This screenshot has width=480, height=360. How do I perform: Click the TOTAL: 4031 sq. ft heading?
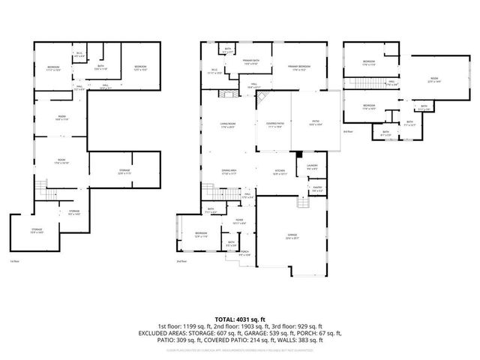pos(239,319)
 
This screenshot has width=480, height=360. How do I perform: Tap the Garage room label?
pos(292,236)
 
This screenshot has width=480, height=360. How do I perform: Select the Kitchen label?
pos(280,172)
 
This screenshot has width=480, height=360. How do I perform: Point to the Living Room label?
pos(227,125)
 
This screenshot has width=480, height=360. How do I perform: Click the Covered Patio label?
pos(274,125)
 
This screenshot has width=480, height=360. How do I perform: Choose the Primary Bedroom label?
pos(300,67)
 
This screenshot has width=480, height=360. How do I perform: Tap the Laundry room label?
pos(312,166)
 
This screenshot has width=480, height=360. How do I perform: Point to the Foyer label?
pos(240,222)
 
